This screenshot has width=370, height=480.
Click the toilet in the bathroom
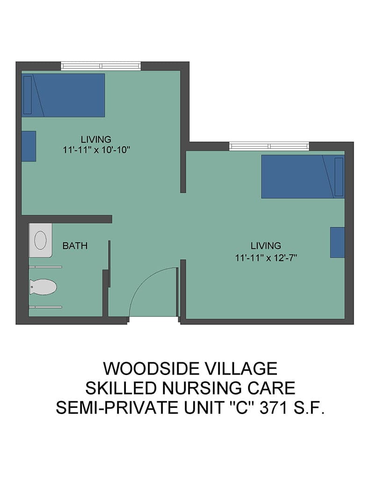[43, 287]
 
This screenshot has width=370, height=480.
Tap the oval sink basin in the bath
[40, 240]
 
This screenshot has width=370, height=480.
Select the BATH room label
[75, 246]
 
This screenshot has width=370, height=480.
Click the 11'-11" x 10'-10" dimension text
[96, 150]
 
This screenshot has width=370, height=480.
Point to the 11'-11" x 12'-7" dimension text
[266, 258]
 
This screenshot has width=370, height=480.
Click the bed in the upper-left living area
[63, 95]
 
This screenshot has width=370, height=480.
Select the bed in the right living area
[303, 176]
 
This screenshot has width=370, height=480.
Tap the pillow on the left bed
[28, 95]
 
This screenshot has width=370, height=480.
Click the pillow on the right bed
[339, 177]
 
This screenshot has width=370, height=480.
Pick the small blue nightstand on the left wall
[29, 146]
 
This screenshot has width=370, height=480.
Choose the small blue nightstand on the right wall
[337, 242]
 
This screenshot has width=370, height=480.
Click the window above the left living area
[101, 66]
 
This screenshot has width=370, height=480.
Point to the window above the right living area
[269, 146]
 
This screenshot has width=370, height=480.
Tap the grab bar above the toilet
[45, 267]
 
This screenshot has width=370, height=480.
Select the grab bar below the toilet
[45, 307]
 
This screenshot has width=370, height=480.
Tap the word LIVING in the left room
[96, 139]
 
